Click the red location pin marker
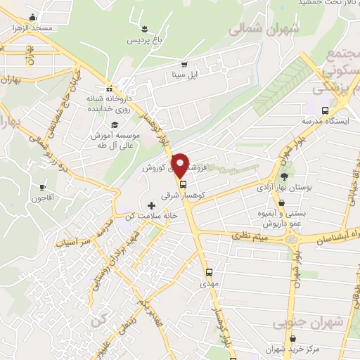click(x=181, y=165)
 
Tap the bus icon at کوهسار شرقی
click(x=184, y=185)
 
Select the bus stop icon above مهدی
click(x=209, y=272)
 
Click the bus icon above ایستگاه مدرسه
click(x=325, y=111)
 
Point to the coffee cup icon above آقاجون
click(x=43, y=187)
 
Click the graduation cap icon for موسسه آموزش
click(x=115, y=124)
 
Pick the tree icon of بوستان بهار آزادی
click(x=284, y=177)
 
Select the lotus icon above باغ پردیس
click(x=144, y=29)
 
